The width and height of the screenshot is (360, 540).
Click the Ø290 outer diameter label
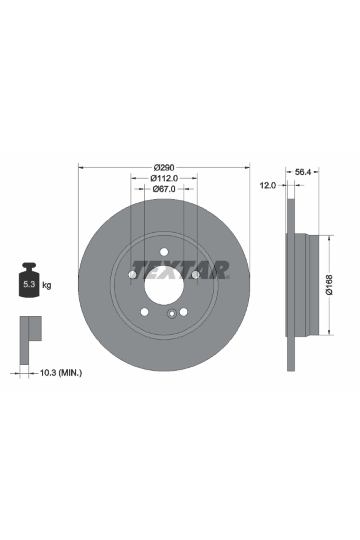click(164, 167)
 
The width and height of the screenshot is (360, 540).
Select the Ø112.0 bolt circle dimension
click(164, 178)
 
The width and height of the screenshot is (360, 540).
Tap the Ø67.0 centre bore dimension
click(164, 189)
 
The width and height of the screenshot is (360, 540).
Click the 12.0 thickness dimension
click(268, 186)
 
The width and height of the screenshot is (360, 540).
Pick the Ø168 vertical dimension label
click(330, 285)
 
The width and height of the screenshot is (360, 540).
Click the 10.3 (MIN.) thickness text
click(61, 373)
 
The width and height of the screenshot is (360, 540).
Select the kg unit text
click(47, 285)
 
